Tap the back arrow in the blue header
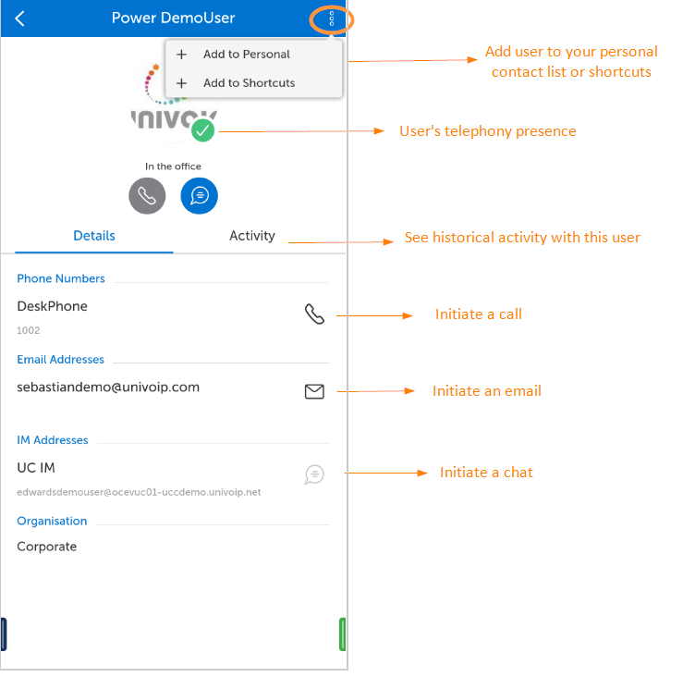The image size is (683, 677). click(20, 18)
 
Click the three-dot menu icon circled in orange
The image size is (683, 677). click(332, 18)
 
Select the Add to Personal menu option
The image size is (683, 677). click(246, 54)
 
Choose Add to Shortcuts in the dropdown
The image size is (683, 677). click(249, 83)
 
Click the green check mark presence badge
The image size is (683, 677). click(202, 130)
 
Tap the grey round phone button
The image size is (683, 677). click(147, 196)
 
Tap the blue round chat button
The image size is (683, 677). click(199, 196)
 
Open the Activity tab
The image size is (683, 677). click(252, 236)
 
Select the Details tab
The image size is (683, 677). click(94, 236)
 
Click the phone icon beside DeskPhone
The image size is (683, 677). click(314, 314)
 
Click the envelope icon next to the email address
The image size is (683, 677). click(314, 391)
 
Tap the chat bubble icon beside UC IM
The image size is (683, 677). click(314, 474)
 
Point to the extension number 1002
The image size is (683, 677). click(29, 330)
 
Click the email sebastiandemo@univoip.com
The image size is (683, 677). click(108, 388)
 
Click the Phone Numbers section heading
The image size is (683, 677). click(61, 278)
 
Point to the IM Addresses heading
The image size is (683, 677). click(53, 440)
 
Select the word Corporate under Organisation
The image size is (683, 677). click(46, 547)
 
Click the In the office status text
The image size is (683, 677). click(173, 166)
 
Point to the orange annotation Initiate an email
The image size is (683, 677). click(486, 391)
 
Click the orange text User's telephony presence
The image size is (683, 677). click(488, 131)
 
